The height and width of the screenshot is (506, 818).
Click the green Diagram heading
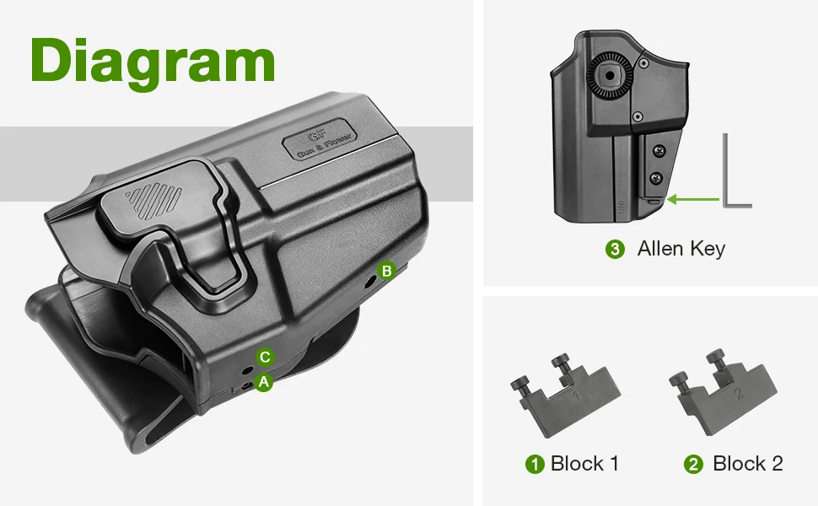(153, 63)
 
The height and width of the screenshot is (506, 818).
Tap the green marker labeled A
(264, 382)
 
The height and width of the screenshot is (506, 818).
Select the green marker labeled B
(386, 271)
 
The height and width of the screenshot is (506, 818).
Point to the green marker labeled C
(265, 358)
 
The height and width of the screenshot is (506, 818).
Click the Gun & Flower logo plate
(320, 139)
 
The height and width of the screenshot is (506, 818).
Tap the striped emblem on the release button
(153, 201)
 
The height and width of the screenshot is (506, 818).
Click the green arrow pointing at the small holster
(693, 199)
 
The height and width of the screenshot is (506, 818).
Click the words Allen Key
(681, 249)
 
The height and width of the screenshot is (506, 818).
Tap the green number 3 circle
(615, 249)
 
